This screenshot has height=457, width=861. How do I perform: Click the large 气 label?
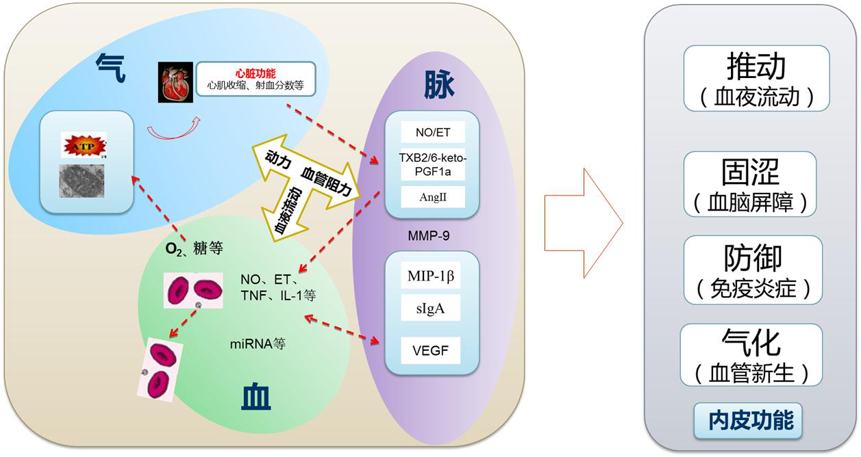point(110,69)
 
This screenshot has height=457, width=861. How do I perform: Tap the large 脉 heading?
point(439,85)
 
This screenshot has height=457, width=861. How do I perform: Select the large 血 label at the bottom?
point(256,397)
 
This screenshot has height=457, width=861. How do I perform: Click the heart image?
point(175,83)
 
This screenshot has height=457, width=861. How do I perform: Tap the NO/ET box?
point(432,133)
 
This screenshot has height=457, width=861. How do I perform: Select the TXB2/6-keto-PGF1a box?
point(432,164)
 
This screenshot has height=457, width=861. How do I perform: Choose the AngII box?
point(432,197)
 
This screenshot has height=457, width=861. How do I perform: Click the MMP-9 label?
point(432,236)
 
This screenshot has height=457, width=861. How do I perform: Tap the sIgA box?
point(431,309)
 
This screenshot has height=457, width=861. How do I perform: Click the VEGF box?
point(431,350)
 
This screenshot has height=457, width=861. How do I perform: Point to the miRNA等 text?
point(258,343)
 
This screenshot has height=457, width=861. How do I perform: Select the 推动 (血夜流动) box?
point(756,78)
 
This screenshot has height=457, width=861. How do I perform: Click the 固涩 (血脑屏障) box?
point(750,183)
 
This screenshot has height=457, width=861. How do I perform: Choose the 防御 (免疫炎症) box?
point(753,270)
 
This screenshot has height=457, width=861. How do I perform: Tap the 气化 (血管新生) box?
point(751,355)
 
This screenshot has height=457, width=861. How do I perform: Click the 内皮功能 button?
point(751,420)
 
